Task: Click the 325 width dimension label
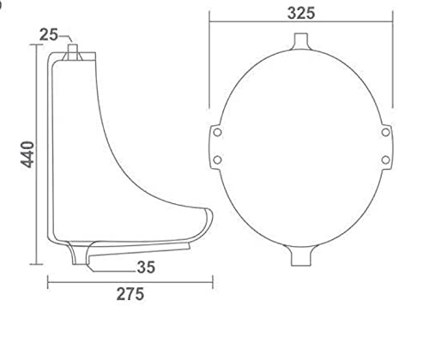[301, 13]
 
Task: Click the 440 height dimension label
[27, 154]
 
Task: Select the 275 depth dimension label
[130, 294]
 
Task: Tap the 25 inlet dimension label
[48, 35]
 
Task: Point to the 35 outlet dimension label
[146, 267]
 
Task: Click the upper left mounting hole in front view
[217, 132]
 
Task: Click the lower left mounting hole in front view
[217, 159]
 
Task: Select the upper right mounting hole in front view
[385, 132]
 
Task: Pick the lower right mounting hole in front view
[385, 159]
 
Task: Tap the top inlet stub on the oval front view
[301, 41]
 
